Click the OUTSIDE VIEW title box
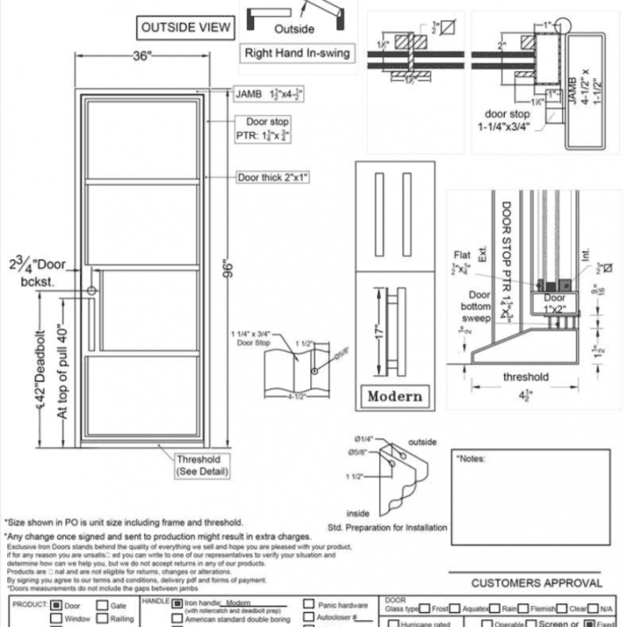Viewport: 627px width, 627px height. [186, 28]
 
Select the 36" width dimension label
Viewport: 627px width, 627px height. [142, 56]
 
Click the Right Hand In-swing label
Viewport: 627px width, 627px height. [297, 53]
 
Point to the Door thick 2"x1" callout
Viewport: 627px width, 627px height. [273, 178]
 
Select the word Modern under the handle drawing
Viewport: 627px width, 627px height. [395, 396]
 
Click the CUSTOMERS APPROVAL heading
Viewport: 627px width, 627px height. [536, 583]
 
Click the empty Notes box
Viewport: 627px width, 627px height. [531, 489]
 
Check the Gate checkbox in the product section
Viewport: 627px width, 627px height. [102, 605]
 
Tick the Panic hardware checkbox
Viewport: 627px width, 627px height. [309, 605]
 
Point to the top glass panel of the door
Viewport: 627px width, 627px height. [142, 140]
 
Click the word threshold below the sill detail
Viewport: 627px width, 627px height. [526, 377]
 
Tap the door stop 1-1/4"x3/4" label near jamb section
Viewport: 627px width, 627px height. [508, 120]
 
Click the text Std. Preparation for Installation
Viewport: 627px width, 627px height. [387, 528]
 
